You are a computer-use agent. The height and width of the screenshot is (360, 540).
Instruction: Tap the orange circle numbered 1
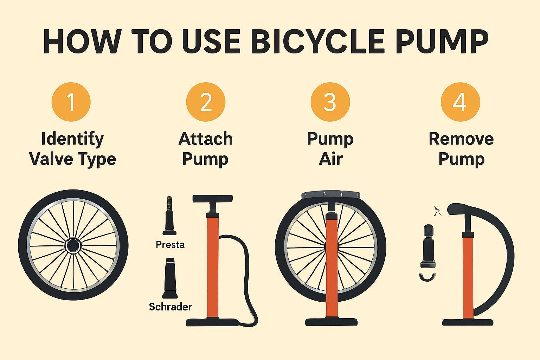pos(71,102)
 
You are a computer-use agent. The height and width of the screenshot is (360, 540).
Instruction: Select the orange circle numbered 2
pos(206,102)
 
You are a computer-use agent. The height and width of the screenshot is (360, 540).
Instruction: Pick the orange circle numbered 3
pos(330,102)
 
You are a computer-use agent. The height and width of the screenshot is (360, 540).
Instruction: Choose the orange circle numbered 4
pos(461,102)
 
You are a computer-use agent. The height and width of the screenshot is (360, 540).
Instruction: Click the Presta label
pos(170,245)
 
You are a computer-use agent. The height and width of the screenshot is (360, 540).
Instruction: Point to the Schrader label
pos(171,307)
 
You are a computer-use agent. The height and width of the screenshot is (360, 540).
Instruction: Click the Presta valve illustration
pos(169,216)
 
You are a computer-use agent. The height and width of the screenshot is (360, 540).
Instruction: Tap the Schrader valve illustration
pos(170,278)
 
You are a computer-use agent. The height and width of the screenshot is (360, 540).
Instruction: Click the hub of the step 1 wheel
pos(73,246)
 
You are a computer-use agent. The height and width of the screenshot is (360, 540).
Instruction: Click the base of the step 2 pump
pos(212,322)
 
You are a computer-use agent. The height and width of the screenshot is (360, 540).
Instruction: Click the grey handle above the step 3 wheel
pos(331,195)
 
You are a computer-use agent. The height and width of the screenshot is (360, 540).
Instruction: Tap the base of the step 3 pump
pos(332,322)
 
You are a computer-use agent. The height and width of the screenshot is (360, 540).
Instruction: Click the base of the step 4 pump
pos(468,322)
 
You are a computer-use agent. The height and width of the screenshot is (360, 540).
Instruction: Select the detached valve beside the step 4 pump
pos(428,246)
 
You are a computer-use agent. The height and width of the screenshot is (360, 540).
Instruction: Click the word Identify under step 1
pos(72,139)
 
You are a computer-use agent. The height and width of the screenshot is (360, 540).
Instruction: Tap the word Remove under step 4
pos(461,139)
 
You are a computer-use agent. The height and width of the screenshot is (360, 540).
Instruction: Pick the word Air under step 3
pos(331,159)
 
